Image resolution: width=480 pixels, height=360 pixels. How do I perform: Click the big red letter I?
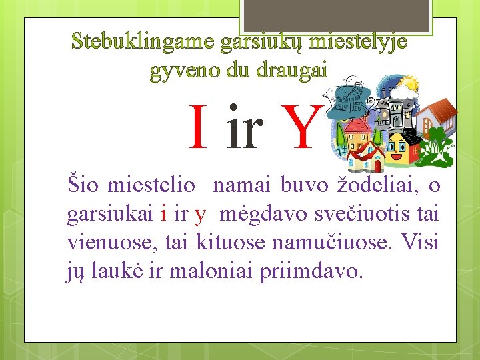[x=198, y=128]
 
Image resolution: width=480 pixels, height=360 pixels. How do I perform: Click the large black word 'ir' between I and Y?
[x=244, y=129]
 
